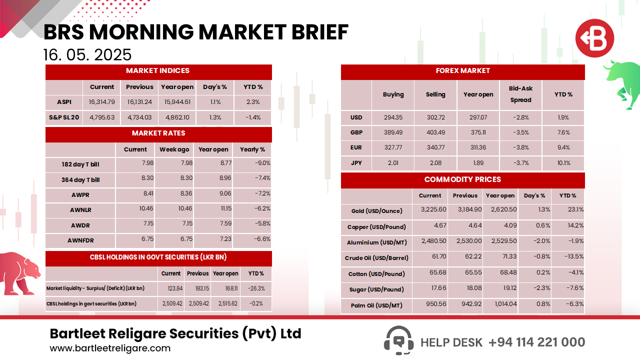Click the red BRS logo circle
594,38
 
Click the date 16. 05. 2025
87,54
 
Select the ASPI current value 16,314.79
102,102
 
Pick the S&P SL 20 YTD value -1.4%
253,118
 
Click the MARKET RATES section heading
158,133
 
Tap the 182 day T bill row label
80,164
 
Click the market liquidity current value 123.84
171,288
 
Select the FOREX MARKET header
462,71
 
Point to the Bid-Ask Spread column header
521,94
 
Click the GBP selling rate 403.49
435,132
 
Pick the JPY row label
356,163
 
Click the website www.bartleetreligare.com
110,348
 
